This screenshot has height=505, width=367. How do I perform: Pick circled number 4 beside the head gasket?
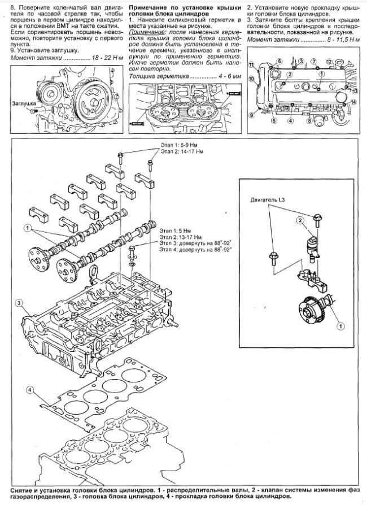click(30, 390)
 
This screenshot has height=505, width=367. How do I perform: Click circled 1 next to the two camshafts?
click(26, 227)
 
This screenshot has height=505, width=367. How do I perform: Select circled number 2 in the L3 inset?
click(300, 220)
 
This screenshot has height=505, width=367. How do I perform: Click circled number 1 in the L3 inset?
click(340, 326)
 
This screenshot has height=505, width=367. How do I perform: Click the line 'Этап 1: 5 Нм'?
click(176, 230)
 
